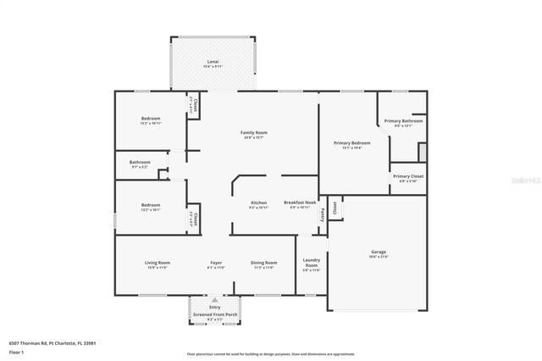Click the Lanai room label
tap(213, 63)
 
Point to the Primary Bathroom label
tap(403, 121)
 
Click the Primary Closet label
tap(407, 176)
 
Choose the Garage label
tap(379, 252)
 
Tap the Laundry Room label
tap(311, 263)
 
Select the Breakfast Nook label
tap(300, 203)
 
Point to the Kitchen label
tap(258, 203)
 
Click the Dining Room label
tap(263, 263)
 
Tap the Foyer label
tap(216, 263)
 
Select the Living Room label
tap(158, 263)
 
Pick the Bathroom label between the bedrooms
tap(140, 162)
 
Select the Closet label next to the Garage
tap(335, 206)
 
